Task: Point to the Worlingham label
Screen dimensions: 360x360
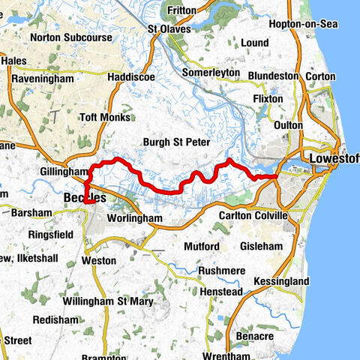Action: (135, 217)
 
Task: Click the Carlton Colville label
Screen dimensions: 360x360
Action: (253, 216)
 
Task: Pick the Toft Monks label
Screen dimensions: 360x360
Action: (106, 117)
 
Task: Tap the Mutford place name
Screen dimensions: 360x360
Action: (201, 247)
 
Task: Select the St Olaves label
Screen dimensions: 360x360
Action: (170, 29)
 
